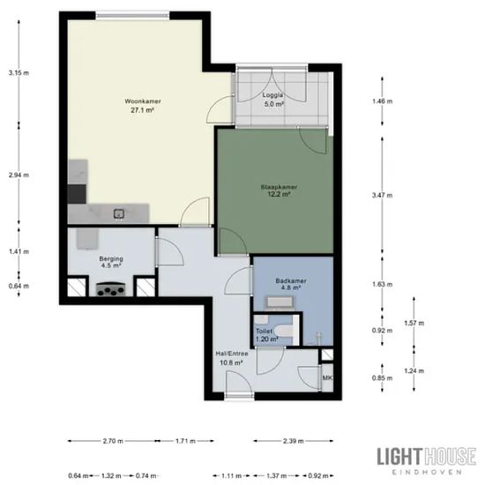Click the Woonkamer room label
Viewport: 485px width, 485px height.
click(x=143, y=106)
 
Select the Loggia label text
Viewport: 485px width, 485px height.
click(x=273, y=95)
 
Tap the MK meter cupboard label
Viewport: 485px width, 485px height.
click(x=327, y=377)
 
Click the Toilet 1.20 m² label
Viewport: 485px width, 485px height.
click(x=266, y=335)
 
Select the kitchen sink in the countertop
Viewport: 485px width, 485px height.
click(x=119, y=213)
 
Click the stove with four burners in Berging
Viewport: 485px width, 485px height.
click(x=111, y=289)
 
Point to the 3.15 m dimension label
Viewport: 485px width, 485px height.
click(x=19, y=73)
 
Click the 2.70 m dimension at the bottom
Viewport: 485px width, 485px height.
click(x=113, y=441)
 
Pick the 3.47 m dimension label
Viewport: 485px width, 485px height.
click(x=383, y=195)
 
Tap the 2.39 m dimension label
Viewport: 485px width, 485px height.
click(x=294, y=441)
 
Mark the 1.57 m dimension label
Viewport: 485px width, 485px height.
click(x=414, y=324)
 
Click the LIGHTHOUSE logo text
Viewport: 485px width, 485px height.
click(x=427, y=456)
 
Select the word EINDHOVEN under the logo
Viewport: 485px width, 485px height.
click(x=427, y=473)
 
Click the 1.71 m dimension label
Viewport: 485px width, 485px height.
click(x=185, y=441)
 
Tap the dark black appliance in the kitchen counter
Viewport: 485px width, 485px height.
click(x=77, y=194)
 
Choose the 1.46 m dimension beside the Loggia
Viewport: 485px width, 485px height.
click(x=383, y=101)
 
